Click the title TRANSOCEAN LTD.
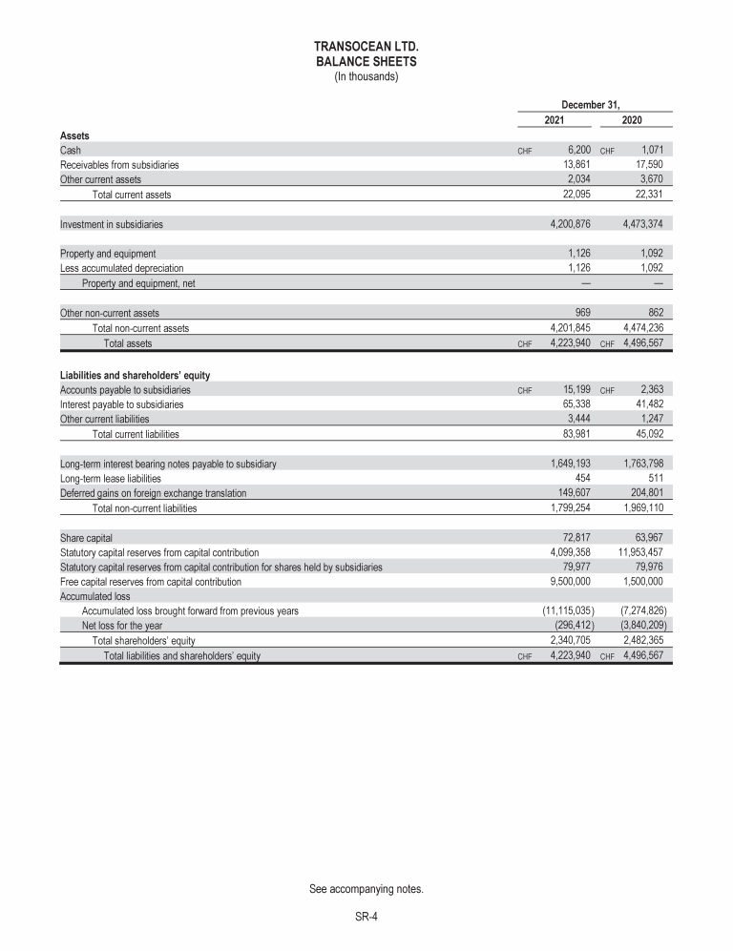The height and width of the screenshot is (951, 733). click(366, 46)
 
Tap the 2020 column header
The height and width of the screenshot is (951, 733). click(632, 121)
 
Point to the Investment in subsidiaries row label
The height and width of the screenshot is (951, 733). click(111, 225)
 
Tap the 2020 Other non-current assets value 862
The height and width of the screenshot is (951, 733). click(653, 313)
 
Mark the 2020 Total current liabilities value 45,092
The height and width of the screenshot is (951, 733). click(646, 435)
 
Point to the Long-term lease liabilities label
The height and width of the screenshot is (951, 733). click(110, 479)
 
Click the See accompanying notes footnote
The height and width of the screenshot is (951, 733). click(366, 890)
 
